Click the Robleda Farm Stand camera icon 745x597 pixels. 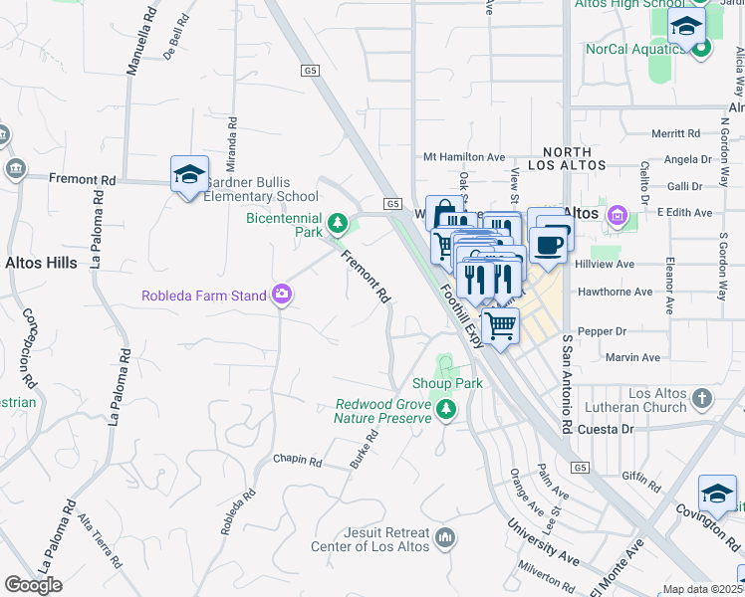(x=283, y=295)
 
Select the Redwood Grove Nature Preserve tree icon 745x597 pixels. (x=445, y=407)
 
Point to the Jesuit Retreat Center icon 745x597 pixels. (x=445, y=538)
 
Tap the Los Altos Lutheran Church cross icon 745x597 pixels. (x=702, y=399)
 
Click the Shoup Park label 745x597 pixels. (x=447, y=383)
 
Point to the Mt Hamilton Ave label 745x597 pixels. (x=464, y=156)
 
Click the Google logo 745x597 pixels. (x=33, y=585)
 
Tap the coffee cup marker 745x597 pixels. (x=547, y=245)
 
